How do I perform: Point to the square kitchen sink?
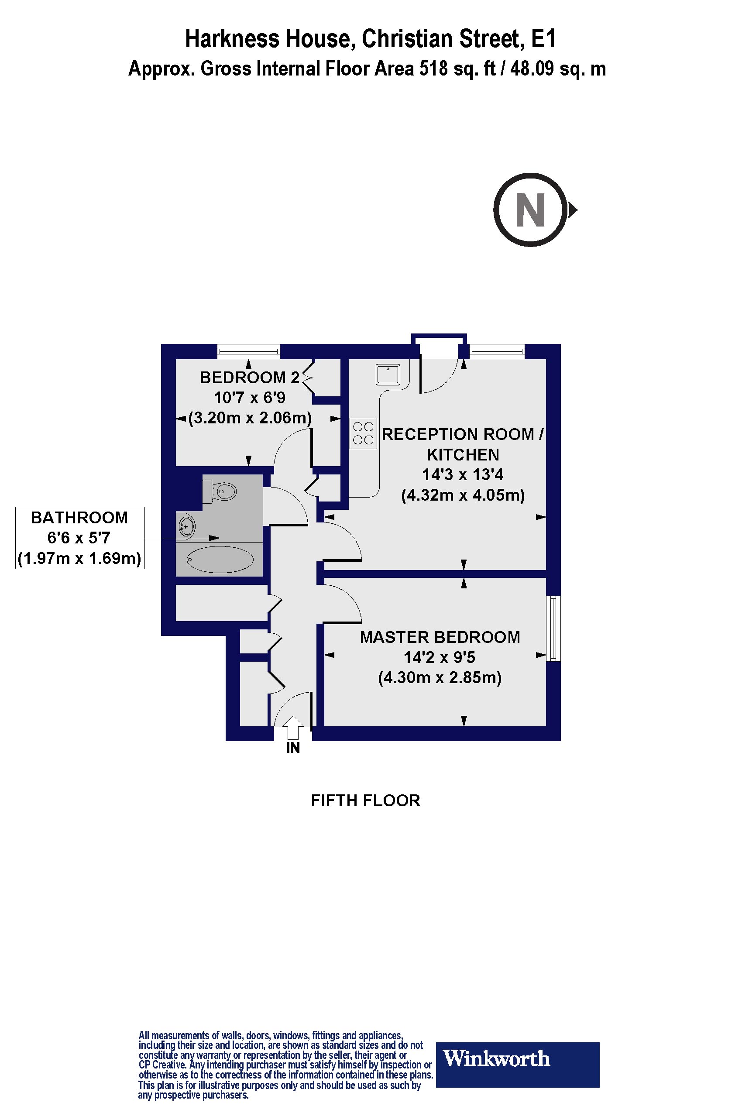tap(388, 374)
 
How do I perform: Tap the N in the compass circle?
tap(530, 210)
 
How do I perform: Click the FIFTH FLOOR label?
tap(365, 800)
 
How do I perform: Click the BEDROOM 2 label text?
tap(249, 377)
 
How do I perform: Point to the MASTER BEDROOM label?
tap(440, 637)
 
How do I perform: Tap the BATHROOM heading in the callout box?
tap(79, 518)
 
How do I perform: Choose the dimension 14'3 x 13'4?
tap(462, 474)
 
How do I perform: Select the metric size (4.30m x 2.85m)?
tap(440, 678)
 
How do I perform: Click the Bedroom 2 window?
tap(248, 351)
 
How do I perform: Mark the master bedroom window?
tap(553, 629)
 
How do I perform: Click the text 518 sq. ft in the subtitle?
tap(457, 69)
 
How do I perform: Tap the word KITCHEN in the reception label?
tap(462, 455)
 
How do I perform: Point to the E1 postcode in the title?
tap(543, 39)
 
